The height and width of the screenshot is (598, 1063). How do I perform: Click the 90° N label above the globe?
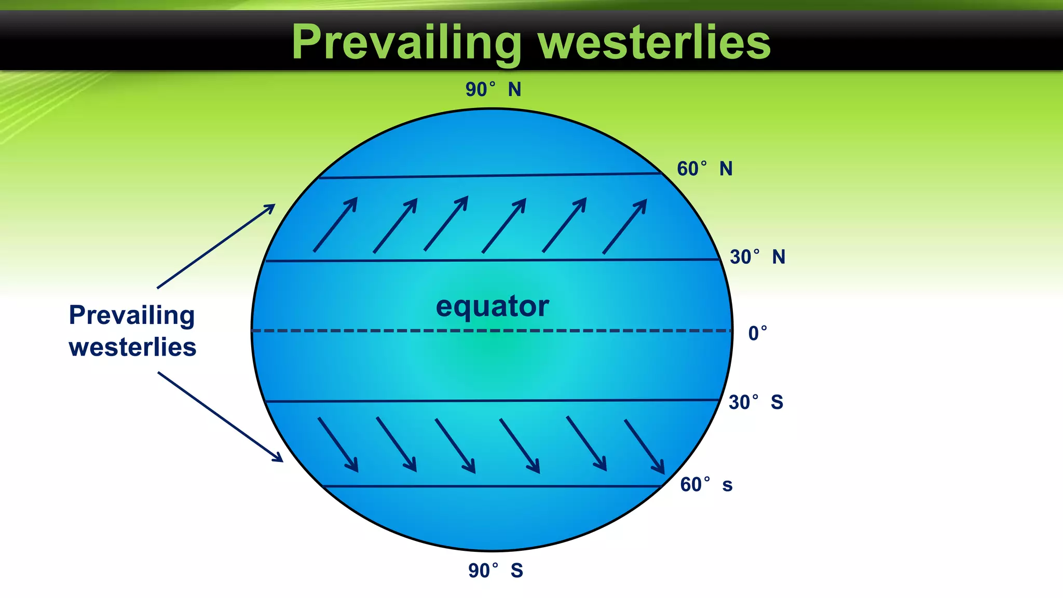[x=493, y=90]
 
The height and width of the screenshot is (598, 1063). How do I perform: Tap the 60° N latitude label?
[x=704, y=169]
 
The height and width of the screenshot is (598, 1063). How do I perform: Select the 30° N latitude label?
[x=757, y=257]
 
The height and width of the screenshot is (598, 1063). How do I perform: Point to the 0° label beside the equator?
[x=757, y=333]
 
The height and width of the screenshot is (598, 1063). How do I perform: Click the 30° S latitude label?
[x=756, y=402]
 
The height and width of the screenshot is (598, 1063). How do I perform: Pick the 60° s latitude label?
[x=706, y=485]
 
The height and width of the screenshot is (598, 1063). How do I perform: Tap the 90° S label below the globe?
[x=495, y=570]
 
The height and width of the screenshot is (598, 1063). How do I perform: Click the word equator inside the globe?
[x=492, y=306]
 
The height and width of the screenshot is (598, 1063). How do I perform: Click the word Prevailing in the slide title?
[x=406, y=43]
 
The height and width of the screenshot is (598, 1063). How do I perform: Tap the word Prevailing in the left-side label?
[x=132, y=315]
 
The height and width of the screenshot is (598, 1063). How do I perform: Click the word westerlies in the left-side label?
[x=132, y=347]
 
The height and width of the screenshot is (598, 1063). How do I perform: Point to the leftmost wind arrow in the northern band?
[x=335, y=225]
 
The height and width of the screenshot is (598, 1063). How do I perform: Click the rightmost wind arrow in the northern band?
[x=624, y=227]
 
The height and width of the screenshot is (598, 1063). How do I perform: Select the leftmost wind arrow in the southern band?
[x=338, y=444]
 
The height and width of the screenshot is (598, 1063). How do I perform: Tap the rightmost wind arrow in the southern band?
[x=644, y=446]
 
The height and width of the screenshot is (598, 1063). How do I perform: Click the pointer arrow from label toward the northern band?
[x=215, y=246]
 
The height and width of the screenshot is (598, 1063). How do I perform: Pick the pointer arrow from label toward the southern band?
[x=220, y=416]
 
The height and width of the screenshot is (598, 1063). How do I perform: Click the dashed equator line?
[x=363, y=331]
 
